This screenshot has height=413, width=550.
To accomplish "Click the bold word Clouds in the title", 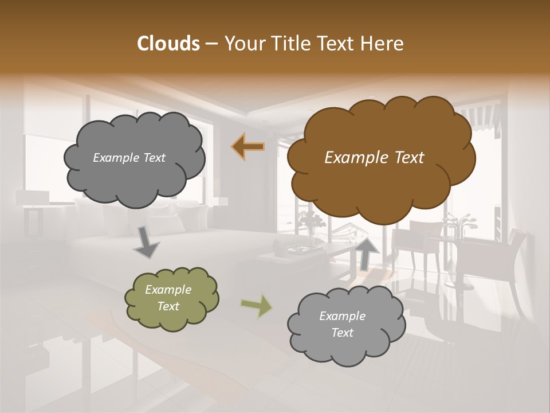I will click(x=168, y=44).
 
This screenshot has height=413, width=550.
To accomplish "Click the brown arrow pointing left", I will click(x=248, y=147).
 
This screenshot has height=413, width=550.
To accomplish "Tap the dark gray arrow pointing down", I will click(x=146, y=243).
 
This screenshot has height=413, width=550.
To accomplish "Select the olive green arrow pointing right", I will click(x=257, y=305).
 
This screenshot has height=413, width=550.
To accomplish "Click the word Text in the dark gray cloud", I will click(x=153, y=158).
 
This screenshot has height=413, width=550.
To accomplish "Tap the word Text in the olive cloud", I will click(x=168, y=306).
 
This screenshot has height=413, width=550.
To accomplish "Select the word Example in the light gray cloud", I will click(x=342, y=316).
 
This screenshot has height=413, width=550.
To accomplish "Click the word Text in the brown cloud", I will click(x=410, y=158).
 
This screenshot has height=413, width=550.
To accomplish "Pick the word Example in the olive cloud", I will click(x=168, y=290).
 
